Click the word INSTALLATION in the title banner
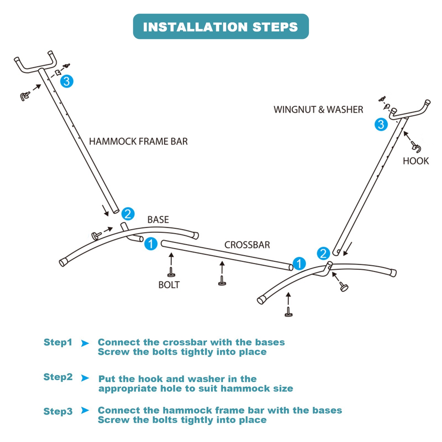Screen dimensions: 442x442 pos(195,27)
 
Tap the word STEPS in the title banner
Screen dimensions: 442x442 pos(275,27)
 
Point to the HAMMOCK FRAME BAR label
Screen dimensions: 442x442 pos(138,141)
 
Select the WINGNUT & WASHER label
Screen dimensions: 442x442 pos(318,110)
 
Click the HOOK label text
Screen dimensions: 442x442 pos(416,161)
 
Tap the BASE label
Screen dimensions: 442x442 pos(158,220)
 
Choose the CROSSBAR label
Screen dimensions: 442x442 pos(247,245)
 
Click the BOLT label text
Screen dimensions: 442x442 pos(169,285)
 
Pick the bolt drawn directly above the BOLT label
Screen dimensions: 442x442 pos(171,272)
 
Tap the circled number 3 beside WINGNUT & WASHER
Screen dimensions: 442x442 pos(381,124)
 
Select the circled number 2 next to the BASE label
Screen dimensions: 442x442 pos(128,214)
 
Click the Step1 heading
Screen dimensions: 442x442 pos(58,343)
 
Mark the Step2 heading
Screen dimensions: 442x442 pos(58,377)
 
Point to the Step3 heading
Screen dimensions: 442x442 pos(58,412)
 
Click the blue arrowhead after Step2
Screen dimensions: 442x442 pos(85,378)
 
